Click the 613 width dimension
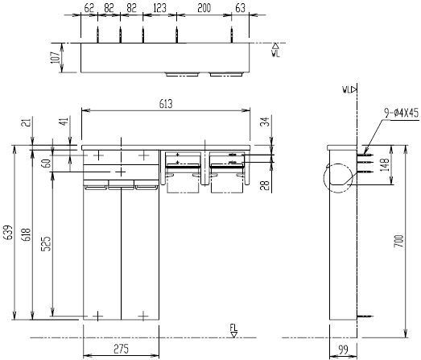click(166, 104)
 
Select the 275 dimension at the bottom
click(121, 349)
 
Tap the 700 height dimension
click(399, 241)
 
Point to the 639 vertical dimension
click(9, 233)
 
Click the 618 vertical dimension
click(27, 234)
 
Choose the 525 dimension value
click(46, 244)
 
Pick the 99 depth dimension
click(343, 350)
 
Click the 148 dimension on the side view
click(385, 164)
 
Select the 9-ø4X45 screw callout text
click(401, 113)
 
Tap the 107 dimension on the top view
click(56, 57)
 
